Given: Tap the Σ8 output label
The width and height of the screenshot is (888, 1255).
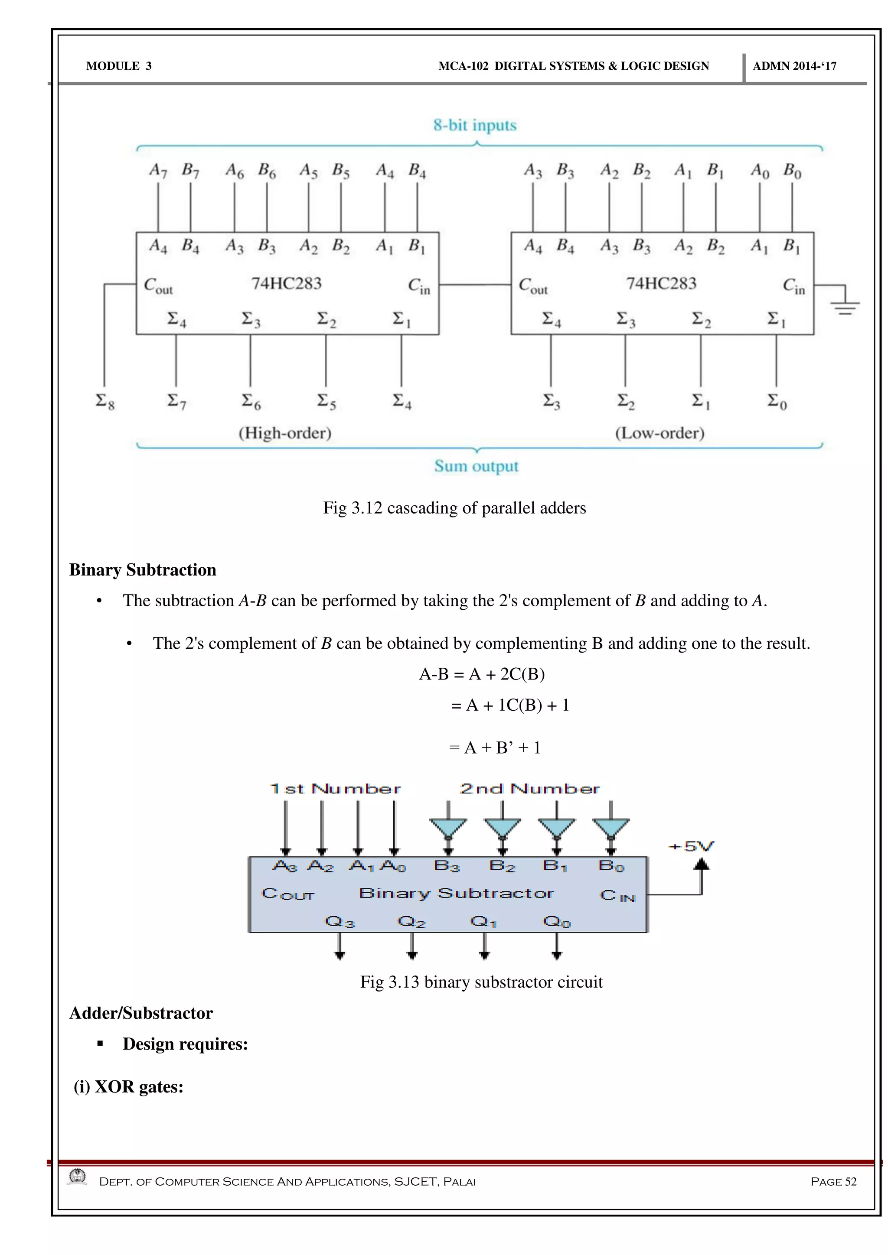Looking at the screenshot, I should click(x=105, y=402).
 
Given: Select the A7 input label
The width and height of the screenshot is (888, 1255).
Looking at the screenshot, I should click(x=158, y=171).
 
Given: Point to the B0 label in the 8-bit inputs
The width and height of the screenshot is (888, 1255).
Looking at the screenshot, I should click(x=792, y=171).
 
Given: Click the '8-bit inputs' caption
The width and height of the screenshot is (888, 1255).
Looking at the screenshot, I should click(x=475, y=125).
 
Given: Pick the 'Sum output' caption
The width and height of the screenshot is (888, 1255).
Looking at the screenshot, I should click(x=476, y=466).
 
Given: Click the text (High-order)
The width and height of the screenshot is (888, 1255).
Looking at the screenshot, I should click(x=285, y=433).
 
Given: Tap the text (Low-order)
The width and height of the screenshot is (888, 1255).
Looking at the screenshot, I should click(x=659, y=433).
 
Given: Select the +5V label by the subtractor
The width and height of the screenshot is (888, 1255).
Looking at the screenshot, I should click(x=691, y=847).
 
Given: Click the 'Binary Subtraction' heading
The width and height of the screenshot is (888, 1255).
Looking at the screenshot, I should click(x=143, y=570).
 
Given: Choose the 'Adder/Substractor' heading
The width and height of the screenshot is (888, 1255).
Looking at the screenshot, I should click(x=141, y=1013).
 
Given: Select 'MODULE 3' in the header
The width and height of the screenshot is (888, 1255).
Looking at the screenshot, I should click(x=119, y=66).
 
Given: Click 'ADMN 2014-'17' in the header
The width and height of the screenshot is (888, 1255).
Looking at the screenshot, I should click(x=794, y=66).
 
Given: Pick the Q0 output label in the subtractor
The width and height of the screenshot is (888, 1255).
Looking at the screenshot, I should click(x=557, y=922).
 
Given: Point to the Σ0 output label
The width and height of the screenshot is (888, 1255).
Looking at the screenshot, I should click(x=777, y=402).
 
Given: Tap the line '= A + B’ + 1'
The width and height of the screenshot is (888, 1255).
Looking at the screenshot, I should click(x=495, y=748).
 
